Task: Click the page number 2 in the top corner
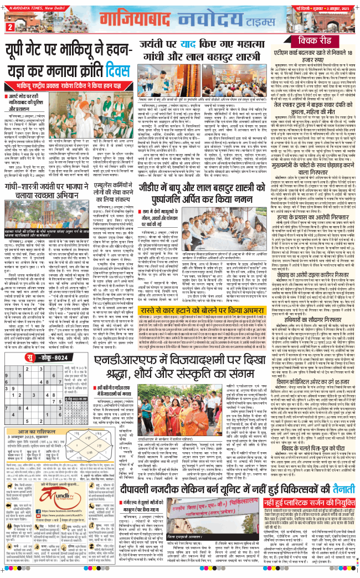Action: point(10,27)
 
